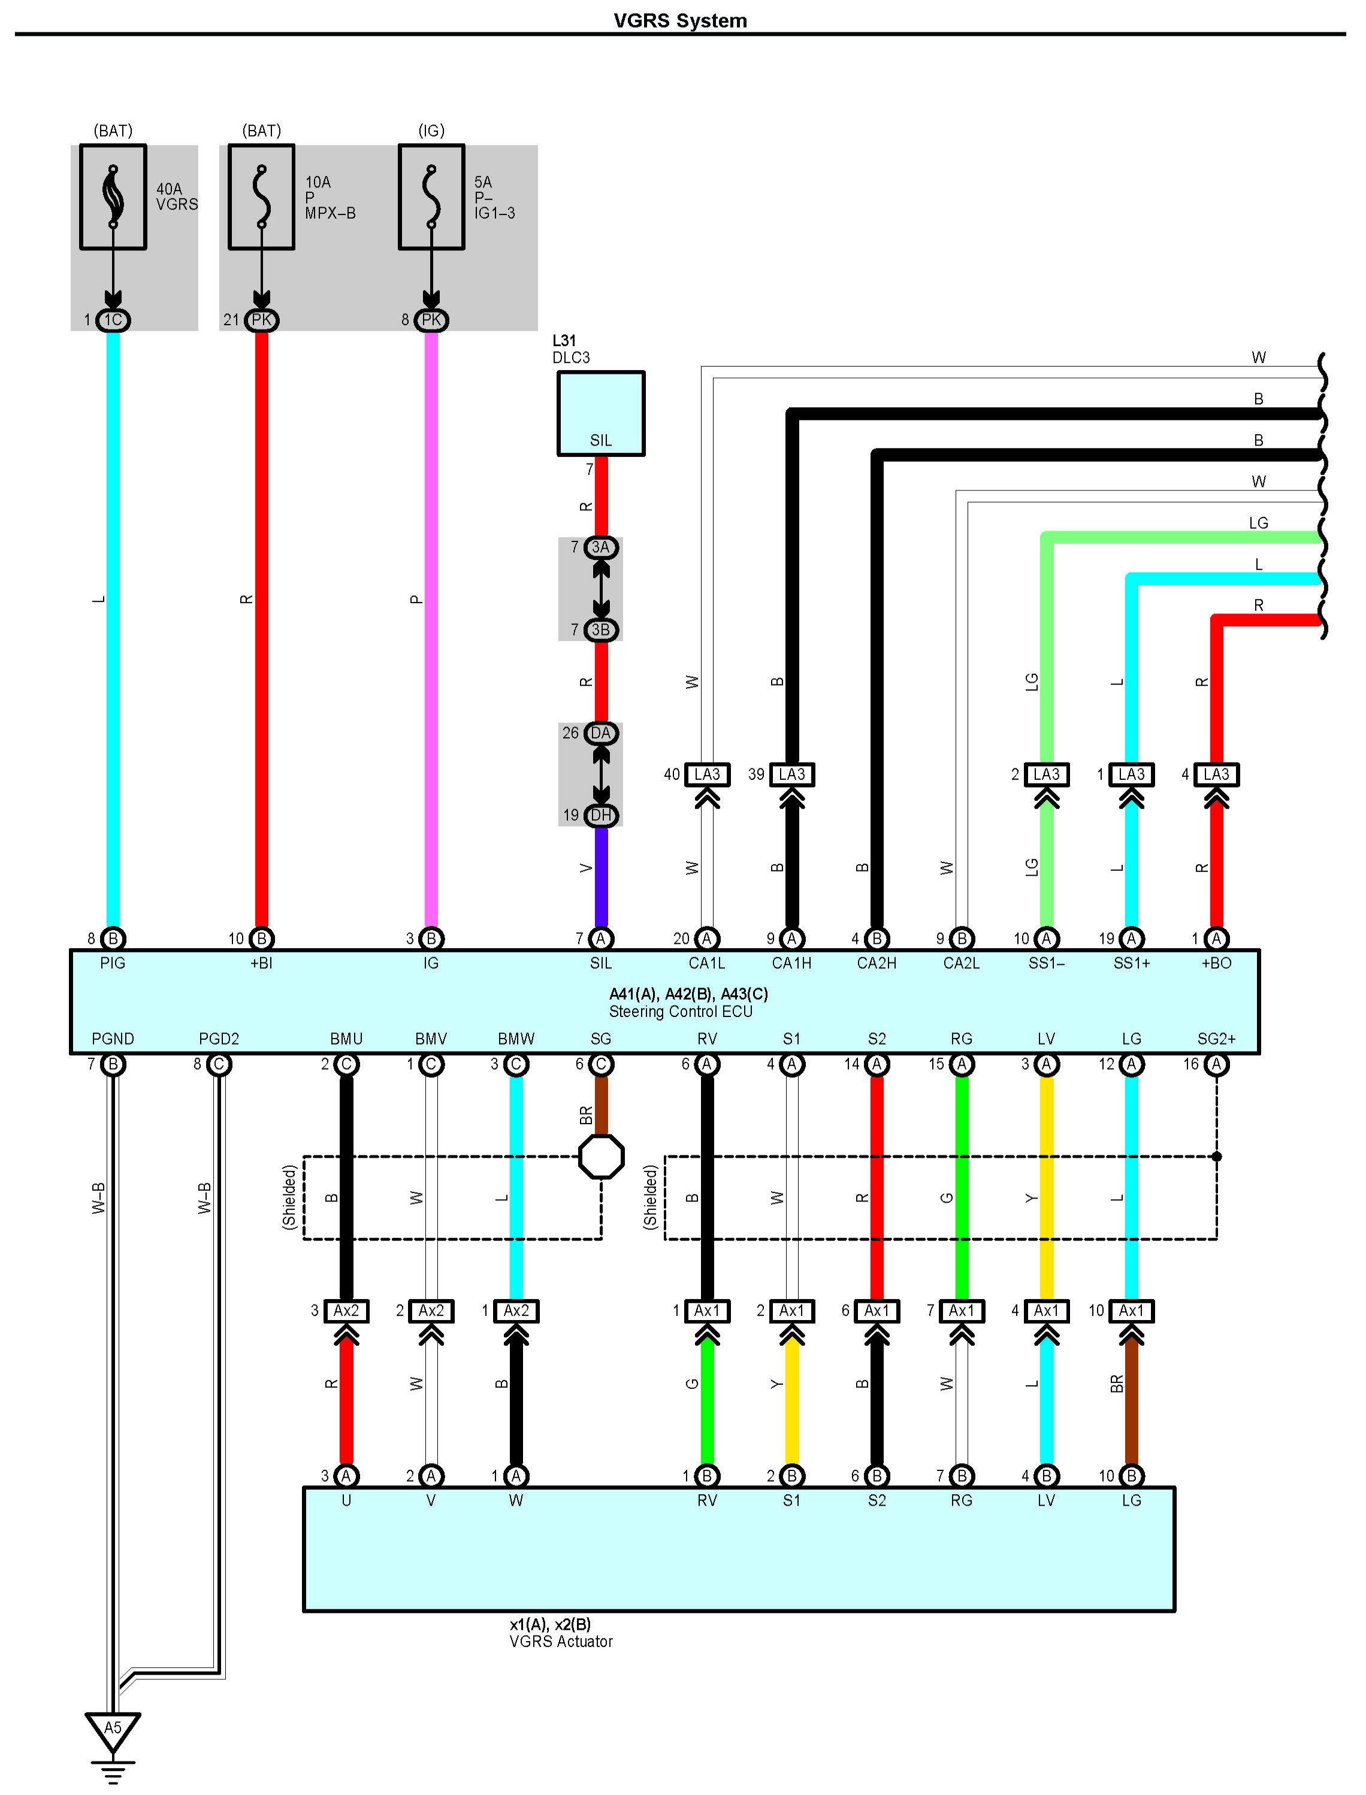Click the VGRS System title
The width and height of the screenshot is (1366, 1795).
[x=680, y=20]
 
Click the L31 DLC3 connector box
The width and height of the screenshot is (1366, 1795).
[x=600, y=413]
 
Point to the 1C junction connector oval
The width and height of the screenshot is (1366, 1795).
[x=113, y=319]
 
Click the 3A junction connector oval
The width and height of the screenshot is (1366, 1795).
[x=601, y=547]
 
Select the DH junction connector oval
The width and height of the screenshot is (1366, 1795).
[x=601, y=815]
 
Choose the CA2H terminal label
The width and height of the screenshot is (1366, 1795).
[x=877, y=963]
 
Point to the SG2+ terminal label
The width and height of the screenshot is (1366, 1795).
[x=1216, y=1039]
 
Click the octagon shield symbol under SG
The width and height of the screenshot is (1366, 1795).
[x=601, y=1156]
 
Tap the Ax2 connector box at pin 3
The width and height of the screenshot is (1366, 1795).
[x=346, y=1310]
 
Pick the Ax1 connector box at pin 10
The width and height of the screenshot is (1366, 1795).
[x=1131, y=1310]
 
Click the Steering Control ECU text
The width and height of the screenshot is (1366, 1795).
[x=681, y=1012]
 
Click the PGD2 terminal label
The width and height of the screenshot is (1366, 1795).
[x=219, y=1039]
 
